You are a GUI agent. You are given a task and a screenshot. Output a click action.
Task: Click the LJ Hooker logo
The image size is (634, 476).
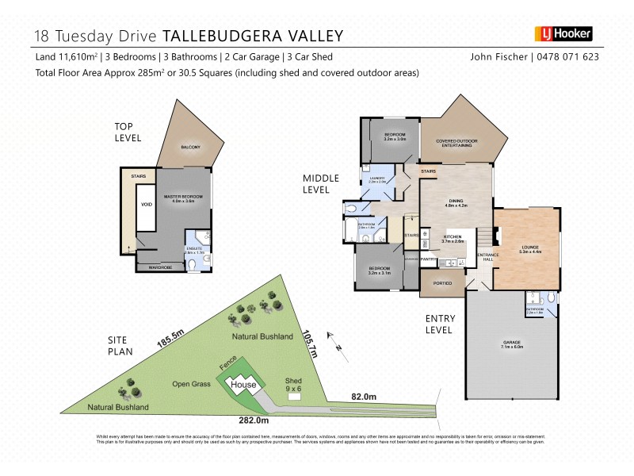coord(564,34)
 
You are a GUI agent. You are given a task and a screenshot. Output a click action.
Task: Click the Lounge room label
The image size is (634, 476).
coord(530,248)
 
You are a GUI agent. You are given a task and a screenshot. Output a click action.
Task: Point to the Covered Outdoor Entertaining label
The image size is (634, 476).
coord(455,144)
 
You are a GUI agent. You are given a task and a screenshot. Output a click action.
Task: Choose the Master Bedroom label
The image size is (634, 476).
coord(183,198)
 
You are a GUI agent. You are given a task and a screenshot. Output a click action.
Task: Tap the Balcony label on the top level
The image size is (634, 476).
coord(190,148)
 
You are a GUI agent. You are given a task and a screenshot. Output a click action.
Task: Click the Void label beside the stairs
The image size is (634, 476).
coord(146,204)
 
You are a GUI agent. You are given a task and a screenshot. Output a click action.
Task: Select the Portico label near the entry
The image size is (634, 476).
coord(443,283)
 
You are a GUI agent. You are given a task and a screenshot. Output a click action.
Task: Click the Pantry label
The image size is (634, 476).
coord(430,259)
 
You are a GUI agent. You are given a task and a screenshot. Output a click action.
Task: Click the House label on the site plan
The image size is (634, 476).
coord(243,385)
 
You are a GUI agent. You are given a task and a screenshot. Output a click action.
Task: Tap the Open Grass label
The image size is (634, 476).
coord(191,384)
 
